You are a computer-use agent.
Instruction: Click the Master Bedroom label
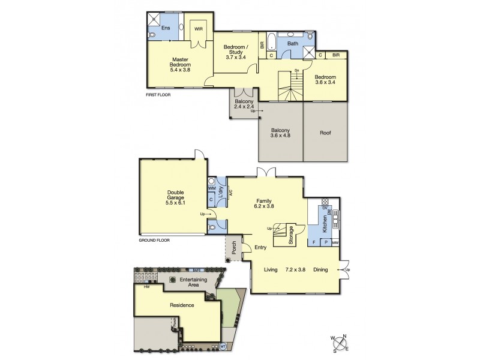point(181,64)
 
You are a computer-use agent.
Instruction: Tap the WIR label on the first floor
point(197,27)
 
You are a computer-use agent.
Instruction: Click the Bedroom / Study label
point(236,52)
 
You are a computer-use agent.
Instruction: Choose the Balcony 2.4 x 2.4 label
point(244,105)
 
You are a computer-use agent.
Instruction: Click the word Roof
point(325,133)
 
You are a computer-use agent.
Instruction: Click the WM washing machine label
point(211,188)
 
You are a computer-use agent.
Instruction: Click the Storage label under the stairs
point(291,232)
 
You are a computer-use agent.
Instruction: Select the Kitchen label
point(325,223)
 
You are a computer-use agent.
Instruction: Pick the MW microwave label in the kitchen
point(335,242)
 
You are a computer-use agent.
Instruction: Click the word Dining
point(320,270)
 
